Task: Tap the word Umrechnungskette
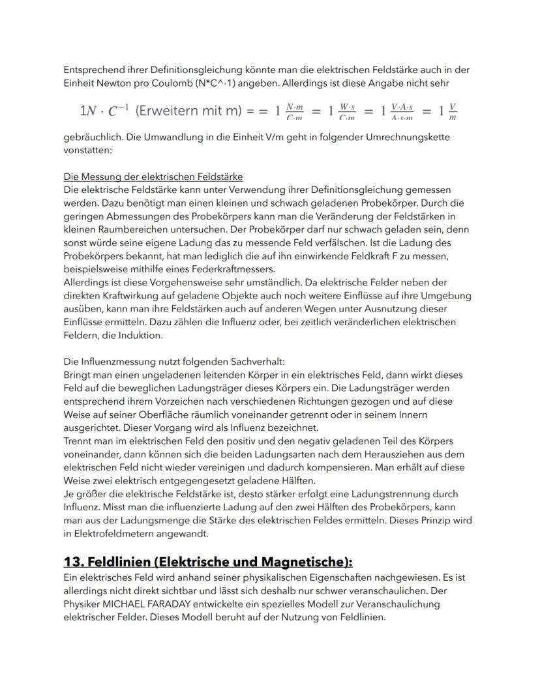click(x=413, y=138)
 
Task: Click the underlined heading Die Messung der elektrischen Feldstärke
click(x=153, y=177)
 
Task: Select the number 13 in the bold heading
click(x=71, y=562)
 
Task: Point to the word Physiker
click(x=84, y=604)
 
